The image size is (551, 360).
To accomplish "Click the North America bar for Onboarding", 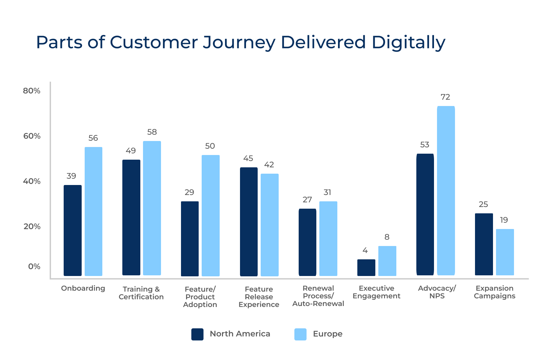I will point(72,230).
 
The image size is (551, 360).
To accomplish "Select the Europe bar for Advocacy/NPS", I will point(446,191).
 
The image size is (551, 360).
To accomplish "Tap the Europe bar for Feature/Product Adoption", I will point(210,215).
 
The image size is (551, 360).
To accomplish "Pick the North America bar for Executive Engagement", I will point(366,268).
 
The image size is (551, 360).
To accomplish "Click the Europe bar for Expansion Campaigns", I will point(505,252).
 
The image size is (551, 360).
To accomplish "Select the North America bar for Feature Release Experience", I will point(249,222).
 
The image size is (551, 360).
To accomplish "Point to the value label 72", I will point(445,97).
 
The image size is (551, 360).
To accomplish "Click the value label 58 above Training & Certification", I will point(152,132).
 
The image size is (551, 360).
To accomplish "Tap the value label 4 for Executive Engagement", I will point(365,250).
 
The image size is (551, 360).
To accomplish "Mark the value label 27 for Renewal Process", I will point(307,200).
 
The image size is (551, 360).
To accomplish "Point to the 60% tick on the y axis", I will point(32,136).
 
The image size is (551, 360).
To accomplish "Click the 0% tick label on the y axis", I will point(34,266).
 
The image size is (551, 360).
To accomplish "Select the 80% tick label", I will point(32,91).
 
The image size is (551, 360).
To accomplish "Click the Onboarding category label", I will point(83,288).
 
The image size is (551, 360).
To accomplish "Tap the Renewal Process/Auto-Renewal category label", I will point(318,296).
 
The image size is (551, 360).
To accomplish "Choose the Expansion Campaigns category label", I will point(494,292).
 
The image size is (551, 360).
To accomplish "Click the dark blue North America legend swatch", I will point(197,334).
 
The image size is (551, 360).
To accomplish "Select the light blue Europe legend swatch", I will point(300,334).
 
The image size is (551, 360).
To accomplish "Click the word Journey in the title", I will point(239,43).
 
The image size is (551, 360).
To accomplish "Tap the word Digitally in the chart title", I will point(408,43).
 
